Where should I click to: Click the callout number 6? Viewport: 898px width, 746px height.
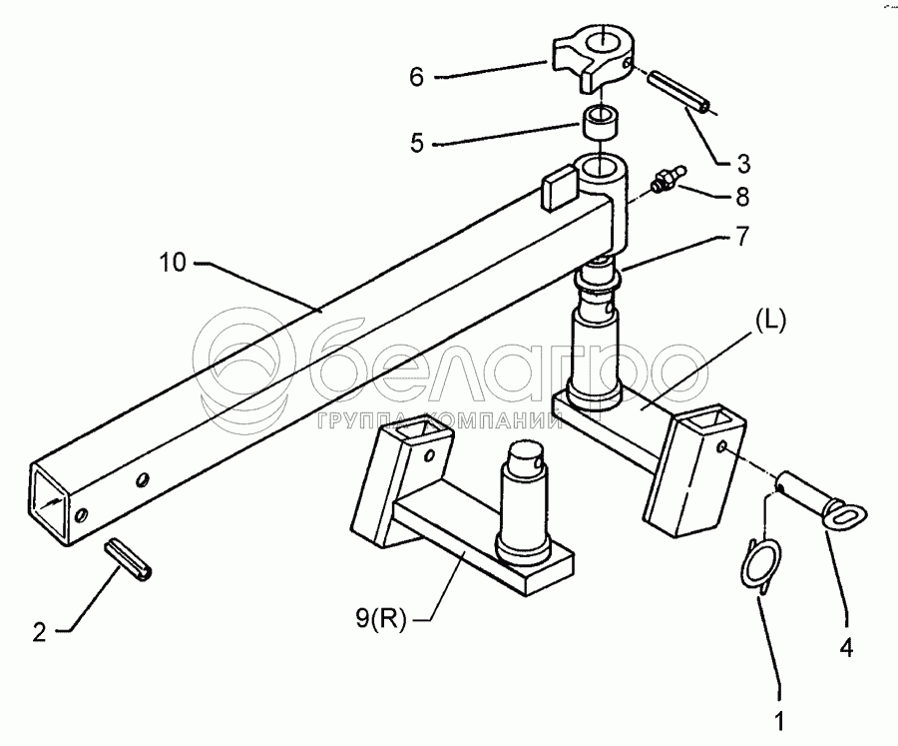(416, 77)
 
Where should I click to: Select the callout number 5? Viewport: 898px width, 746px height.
(417, 143)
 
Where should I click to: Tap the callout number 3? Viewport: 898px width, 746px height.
(742, 164)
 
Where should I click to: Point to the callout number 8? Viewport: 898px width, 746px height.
(742, 197)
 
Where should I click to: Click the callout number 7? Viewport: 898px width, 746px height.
(741, 237)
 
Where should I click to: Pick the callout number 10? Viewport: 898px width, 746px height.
(173, 263)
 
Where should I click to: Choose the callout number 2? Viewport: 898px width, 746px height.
(39, 632)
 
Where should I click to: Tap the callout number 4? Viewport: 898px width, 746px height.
(846, 648)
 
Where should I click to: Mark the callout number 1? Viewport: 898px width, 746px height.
(779, 721)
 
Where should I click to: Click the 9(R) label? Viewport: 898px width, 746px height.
(380, 620)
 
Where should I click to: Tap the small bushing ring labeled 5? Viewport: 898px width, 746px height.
(601, 121)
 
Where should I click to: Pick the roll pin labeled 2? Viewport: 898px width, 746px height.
(129, 559)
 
